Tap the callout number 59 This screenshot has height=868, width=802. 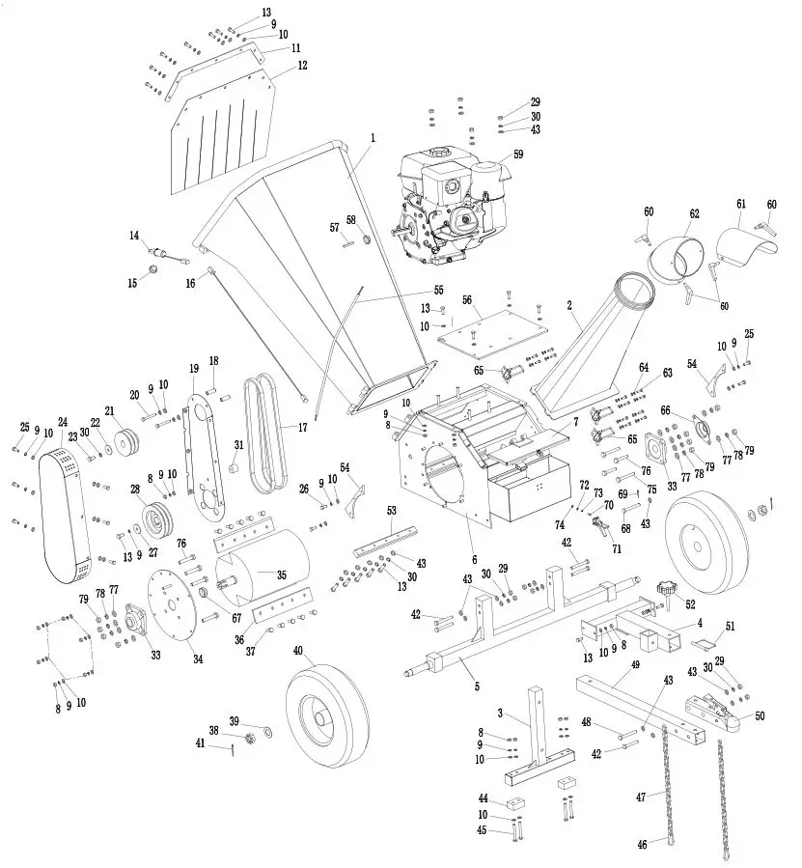point(518,154)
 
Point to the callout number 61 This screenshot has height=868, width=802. point(741,204)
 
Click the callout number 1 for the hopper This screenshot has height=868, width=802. point(372,138)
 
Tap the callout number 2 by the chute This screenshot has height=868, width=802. point(570,305)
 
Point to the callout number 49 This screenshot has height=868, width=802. point(635,665)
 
